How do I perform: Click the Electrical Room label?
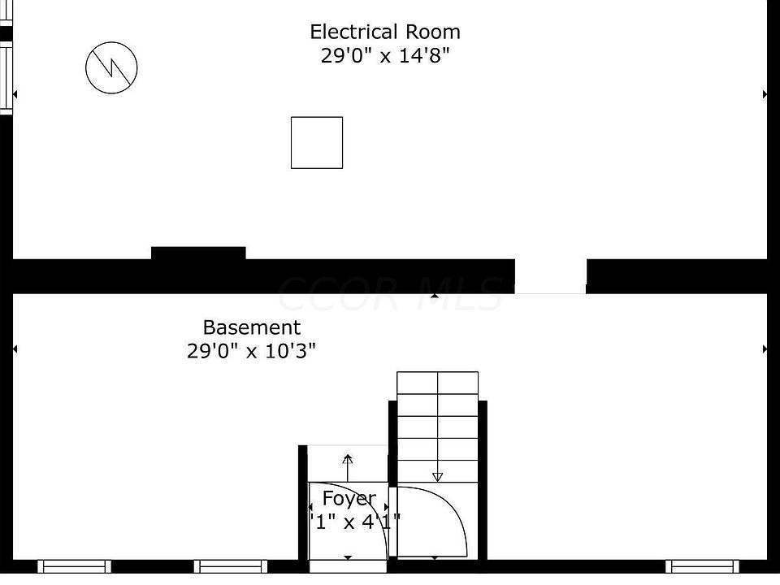point(385,32)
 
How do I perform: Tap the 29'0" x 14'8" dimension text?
point(385,57)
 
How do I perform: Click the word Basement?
point(251,327)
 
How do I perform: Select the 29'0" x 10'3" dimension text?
point(251,351)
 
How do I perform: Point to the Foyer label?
point(349,498)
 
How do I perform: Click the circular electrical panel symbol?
point(111,67)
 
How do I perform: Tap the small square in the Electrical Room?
point(317,143)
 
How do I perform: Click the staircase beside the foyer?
point(437,422)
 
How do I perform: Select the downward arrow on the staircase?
point(437,476)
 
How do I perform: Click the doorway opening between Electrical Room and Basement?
point(550,276)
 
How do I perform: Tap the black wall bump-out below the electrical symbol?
point(198,253)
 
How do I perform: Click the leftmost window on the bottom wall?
point(74,565)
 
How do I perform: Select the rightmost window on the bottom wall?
point(702,565)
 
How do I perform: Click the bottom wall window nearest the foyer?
point(231,565)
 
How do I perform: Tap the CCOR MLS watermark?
point(390,294)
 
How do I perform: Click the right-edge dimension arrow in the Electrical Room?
point(765,95)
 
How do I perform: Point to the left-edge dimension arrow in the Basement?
point(15,349)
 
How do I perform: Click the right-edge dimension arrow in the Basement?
point(765,349)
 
